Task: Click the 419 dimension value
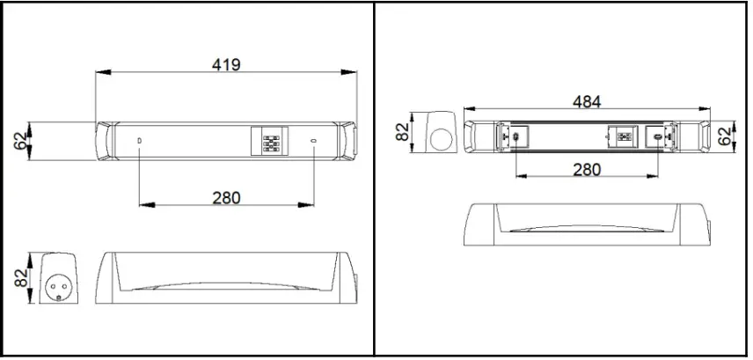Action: click(226, 64)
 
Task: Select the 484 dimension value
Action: click(587, 101)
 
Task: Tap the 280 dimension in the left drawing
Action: click(226, 198)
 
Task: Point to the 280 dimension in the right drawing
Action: click(587, 169)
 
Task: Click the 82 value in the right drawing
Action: click(403, 131)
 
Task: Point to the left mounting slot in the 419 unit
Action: click(140, 141)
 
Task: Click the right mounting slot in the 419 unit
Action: click(313, 141)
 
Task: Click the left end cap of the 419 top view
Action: click(106, 141)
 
